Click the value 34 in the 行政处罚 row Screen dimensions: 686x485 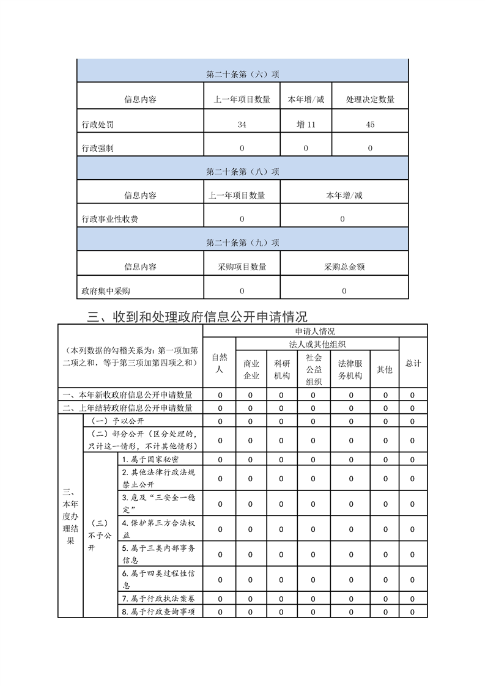[242, 125]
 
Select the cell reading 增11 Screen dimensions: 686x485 [306, 125]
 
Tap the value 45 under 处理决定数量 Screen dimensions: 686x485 [370, 125]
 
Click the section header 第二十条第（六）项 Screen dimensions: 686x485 [243, 75]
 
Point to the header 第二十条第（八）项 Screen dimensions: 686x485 [243, 172]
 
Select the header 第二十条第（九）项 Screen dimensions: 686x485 [243, 243]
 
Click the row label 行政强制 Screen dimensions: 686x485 [97, 148]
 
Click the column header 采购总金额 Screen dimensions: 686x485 [344, 267]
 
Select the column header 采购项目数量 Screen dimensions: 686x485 [242, 267]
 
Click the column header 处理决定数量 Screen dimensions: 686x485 [370, 100]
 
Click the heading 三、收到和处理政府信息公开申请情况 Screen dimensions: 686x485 [198, 316]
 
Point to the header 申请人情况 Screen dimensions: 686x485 [315, 331]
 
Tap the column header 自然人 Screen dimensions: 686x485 [220, 363]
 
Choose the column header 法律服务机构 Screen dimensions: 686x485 [350, 369]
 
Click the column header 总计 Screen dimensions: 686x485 [413, 363]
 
